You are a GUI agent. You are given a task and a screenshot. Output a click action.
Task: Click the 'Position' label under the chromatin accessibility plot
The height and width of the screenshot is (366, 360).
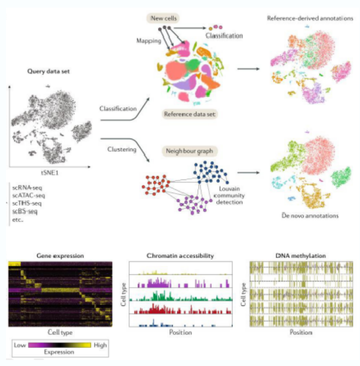(180, 332)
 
